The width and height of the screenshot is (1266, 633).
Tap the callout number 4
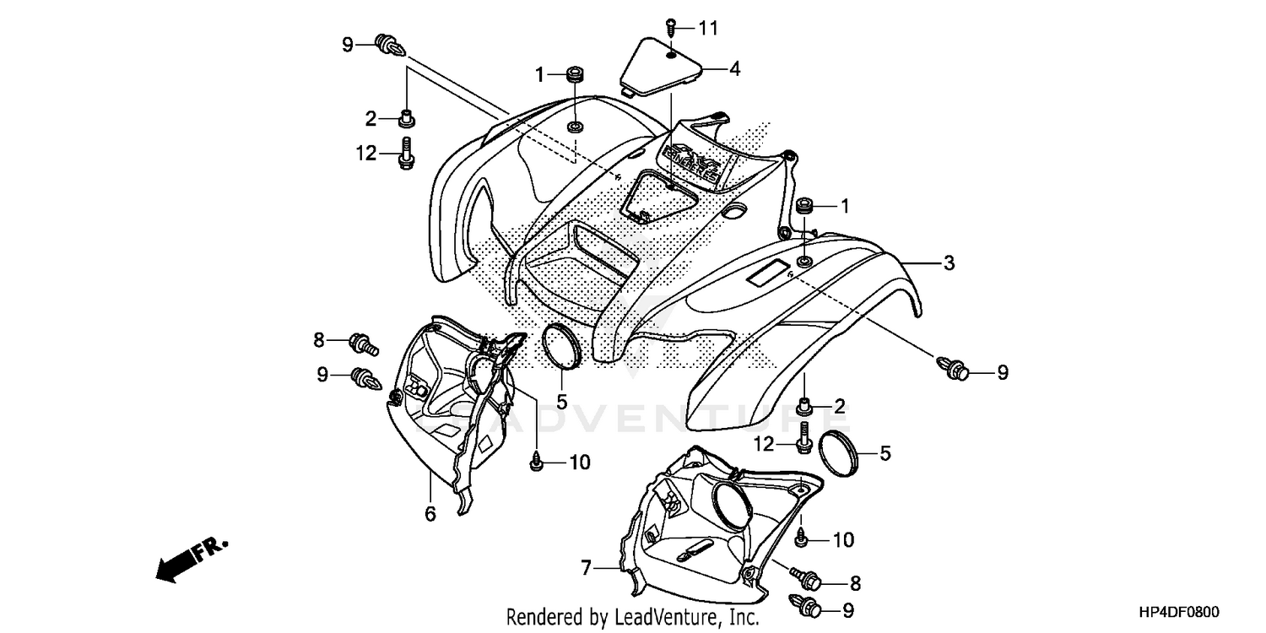tap(734, 69)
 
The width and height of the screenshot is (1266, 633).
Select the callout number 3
tap(949, 263)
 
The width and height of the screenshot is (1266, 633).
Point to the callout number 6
tap(430, 513)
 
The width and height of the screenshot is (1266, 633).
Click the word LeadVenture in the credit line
tap(650, 618)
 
